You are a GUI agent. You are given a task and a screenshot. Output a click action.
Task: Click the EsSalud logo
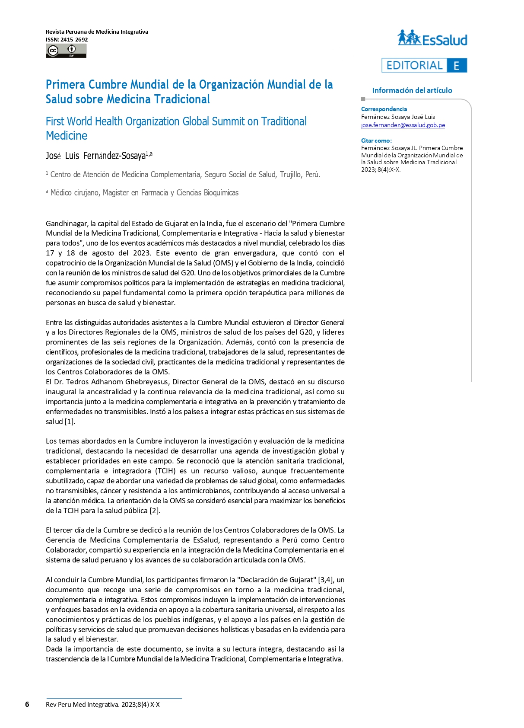click(432, 38)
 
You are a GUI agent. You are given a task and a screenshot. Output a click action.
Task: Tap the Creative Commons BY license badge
click(66, 51)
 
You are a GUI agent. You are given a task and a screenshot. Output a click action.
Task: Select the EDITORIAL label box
click(414, 65)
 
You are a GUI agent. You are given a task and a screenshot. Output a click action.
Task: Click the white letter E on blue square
click(457, 66)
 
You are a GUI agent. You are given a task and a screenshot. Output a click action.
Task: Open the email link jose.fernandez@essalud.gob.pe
click(403, 125)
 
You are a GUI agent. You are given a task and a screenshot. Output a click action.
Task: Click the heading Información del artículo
click(412, 90)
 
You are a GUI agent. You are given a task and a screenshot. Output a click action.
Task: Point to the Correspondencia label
click(384, 109)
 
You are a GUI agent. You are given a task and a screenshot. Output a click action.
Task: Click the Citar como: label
click(376, 140)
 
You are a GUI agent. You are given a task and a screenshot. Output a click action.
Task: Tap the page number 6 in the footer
click(27, 704)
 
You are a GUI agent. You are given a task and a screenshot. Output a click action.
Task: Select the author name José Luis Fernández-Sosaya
click(98, 156)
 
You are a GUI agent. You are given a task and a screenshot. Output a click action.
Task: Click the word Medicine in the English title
click(67, 136)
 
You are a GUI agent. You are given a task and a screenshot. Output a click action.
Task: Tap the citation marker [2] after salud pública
click(155, 511)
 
